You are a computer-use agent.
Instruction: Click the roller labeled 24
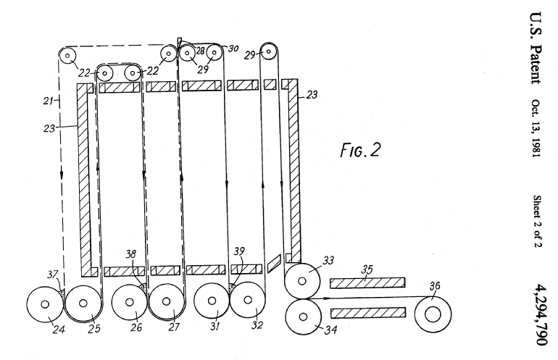tap(45, 305)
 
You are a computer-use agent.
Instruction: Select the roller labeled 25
tap(83, 304)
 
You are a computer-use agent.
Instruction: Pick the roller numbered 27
tap(167, 304)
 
